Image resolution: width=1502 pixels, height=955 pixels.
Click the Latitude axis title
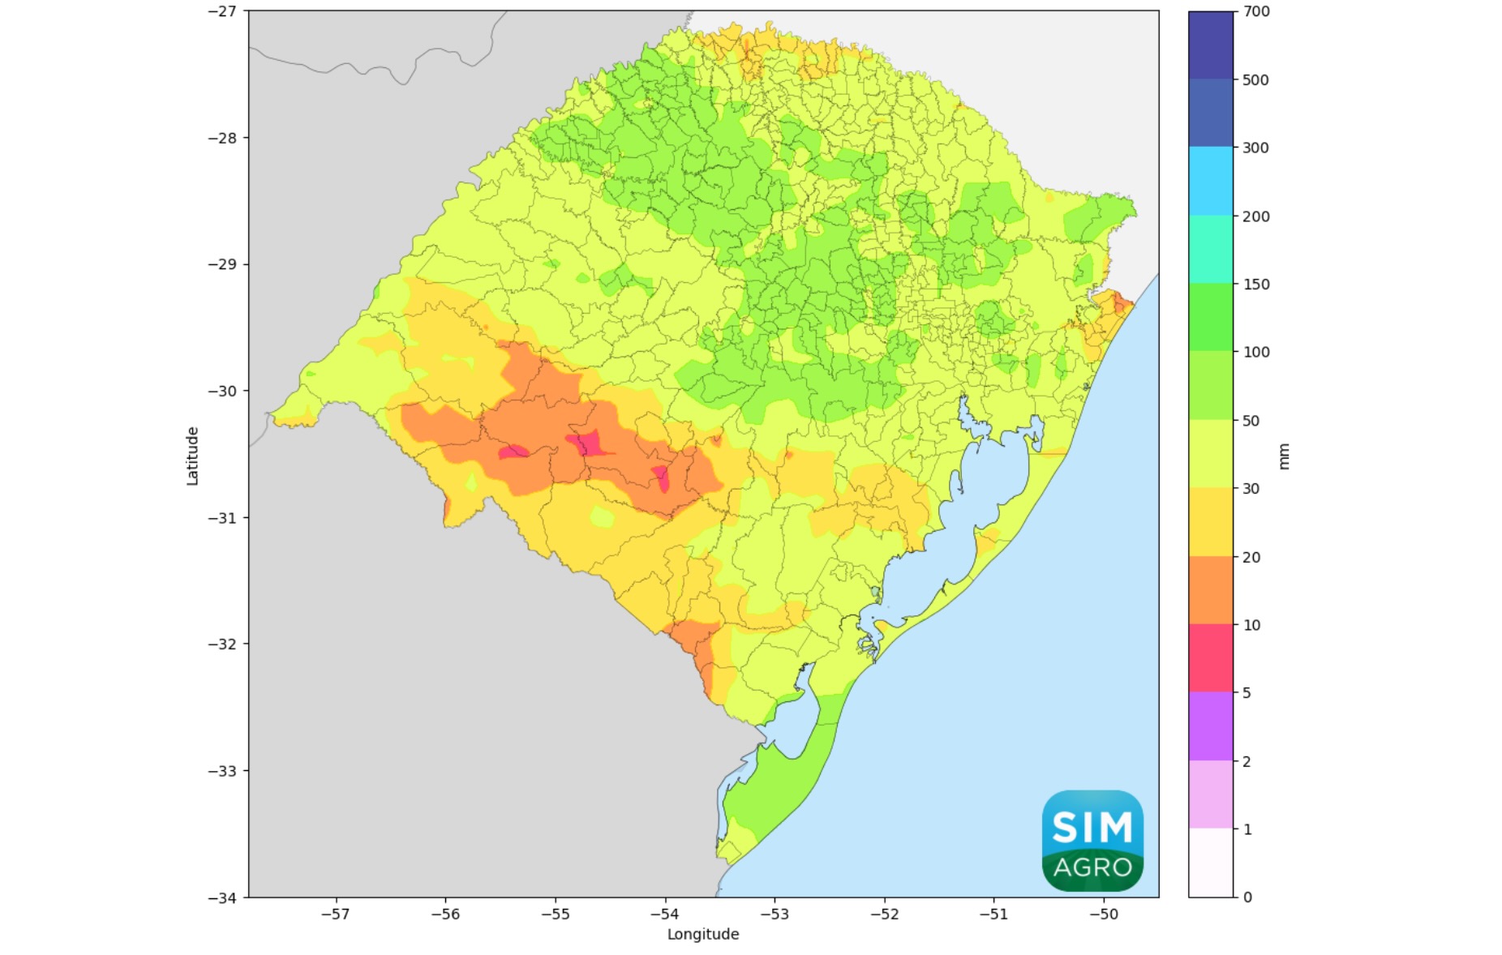[x=192, y=456]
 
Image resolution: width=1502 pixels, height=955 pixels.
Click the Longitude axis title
[x=702, y=934]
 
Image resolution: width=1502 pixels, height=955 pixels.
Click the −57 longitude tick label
[x=335, y=914]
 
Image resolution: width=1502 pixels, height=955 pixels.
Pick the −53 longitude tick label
[x=774, y=914]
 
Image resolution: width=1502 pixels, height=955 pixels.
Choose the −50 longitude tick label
[x=1103, y=914]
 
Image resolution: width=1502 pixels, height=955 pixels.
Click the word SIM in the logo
[x=1092, y=828]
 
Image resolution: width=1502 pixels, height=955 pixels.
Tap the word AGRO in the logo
[x=1092, y=867]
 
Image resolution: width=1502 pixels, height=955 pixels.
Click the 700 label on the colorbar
[x=1255, y=11]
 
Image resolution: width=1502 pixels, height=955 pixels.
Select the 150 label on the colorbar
[x=1255, y=285]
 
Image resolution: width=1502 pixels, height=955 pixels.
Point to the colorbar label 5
[x=1247, y=693]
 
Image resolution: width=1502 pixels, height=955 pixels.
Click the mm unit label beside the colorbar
[x=1283, y=456]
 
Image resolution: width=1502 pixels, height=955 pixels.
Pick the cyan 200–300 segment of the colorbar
[x=1210, y=181]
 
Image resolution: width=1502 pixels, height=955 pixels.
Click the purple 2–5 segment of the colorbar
[x=1210, y=726]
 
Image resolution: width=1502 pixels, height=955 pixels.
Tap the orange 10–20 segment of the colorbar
[x=1210, y=590]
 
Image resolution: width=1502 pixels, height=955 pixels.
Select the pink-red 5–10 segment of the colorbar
[x=1210, y=658]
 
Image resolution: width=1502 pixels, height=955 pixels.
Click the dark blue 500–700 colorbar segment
[x=1210, y=45]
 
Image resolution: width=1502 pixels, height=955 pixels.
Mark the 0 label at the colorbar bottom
[x=1247, y=897]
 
